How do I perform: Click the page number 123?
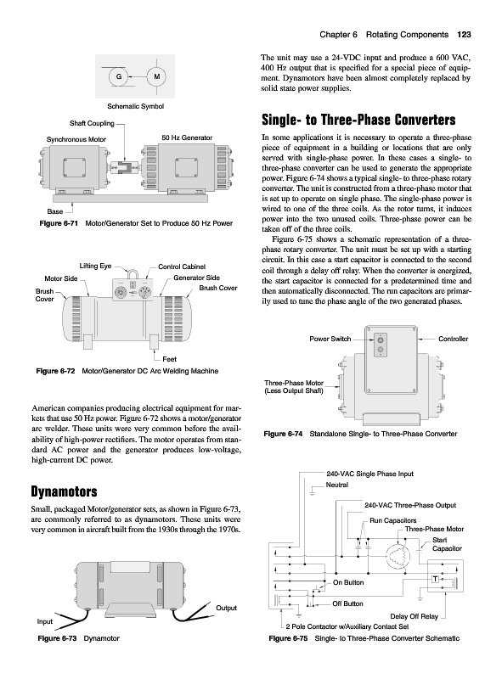click(x=464, y=35)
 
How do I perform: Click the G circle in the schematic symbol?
click(x=119, y=77)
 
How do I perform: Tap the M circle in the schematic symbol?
click(x=157, y=77)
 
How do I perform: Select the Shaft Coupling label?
click(x=92, y=123)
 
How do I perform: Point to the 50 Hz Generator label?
click(x=187, y=137)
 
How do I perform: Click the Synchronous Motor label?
click(x=76, y=139)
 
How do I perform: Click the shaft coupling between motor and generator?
click(x=124, y=166)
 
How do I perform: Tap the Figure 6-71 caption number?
click(x=59, y=223)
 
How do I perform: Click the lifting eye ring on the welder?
click(x=132, y=273)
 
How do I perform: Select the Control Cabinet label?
click(x=182, y=267)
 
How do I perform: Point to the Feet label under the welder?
click(x=170, y=359)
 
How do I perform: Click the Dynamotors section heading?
click(x=65, y=491)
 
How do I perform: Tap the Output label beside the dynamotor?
click(x=226, y=608)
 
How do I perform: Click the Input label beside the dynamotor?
click(x=45, y=622)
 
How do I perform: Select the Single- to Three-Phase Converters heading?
click(x=359, y=120)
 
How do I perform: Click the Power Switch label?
click(x=330, y=339)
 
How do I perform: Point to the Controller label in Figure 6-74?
click(x=454, y=339)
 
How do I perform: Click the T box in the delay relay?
click(x=435, y=579)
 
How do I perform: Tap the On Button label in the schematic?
click(x=348, y=582)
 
